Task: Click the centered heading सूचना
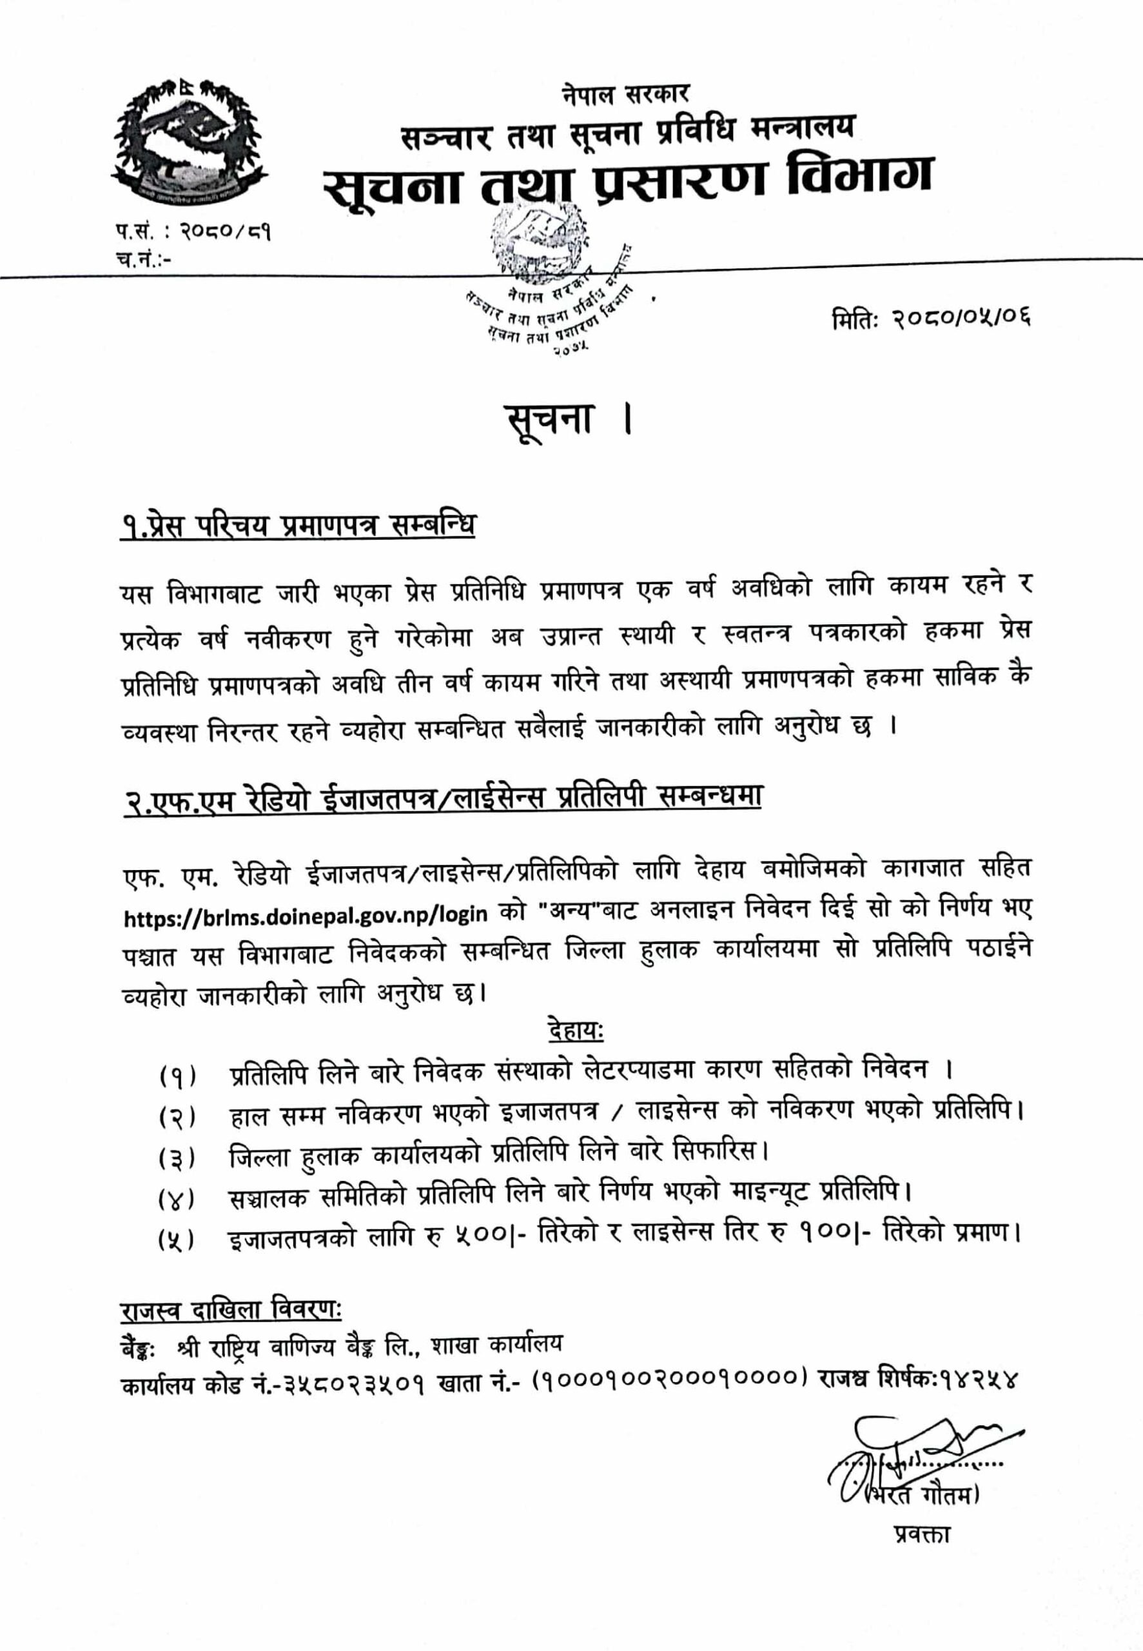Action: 549,420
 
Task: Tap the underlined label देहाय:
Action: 575,1032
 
